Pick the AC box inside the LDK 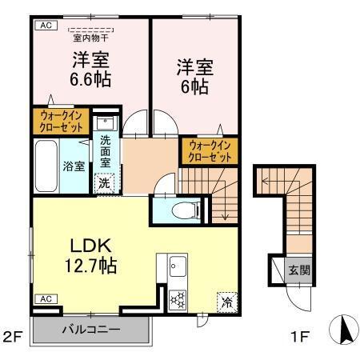pos(45,298)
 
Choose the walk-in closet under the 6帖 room pos(210,151)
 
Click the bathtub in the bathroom pos(46,166)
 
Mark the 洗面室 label pos(106,151)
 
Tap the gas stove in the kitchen pos(177,301)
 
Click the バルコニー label pos(89,330)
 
